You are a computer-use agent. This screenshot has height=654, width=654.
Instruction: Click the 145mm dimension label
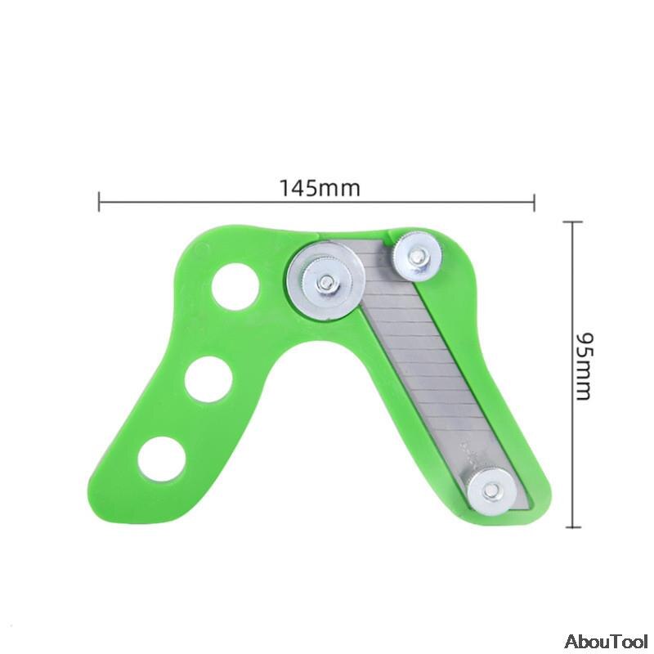coord(320,187)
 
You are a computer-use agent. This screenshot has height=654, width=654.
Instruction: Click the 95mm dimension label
coord(581,365)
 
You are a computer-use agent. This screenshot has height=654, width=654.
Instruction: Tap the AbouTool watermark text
coord(605,639)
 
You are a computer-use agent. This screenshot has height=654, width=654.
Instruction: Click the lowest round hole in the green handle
coord(161,458)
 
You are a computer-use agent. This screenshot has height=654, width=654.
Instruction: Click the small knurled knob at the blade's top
coord(416,257)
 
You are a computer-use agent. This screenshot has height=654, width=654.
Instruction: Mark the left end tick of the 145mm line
coord(99,201)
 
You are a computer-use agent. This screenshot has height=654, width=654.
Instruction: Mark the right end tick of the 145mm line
coord(535,201)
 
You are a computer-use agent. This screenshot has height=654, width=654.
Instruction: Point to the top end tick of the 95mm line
coord(571,222)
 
